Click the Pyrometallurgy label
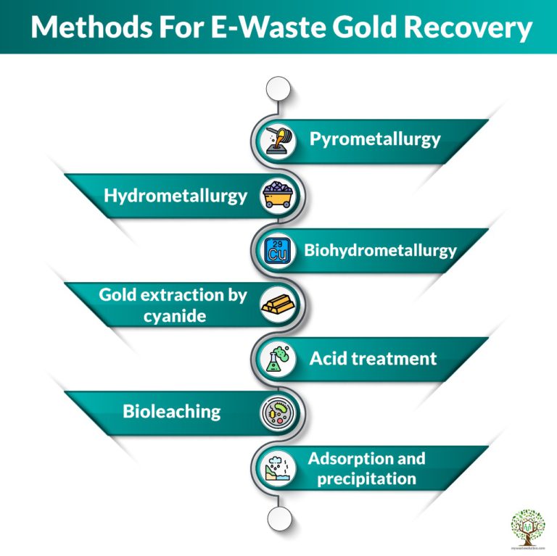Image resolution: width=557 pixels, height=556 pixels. pyautogui.click(x=375, y=139)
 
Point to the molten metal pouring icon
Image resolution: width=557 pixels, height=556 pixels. pyautogui.click(x=278, y=140)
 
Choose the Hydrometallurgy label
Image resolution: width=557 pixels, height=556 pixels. pyautogui.click(x=176, y=195)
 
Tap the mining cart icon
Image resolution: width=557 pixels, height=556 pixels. pyautogui.click(x=278, y=194)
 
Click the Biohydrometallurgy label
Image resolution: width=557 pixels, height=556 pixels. pyautogui.click(x=380, y=251)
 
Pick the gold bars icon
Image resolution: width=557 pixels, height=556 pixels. pyautogui.click(x=278, y=304)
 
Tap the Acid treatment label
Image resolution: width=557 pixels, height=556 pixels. pyautogui.click(x=373, y=358)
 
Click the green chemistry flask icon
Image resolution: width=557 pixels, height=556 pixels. pyautogui.click(x=278, y=359)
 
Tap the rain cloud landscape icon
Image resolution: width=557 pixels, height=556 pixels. pyautogui.click(x=278, y=468)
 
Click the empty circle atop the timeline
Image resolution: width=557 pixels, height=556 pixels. pyautogui.click(x=278, y=89)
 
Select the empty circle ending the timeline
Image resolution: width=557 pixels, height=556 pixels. pyautogui.click(x=278, y=518)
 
